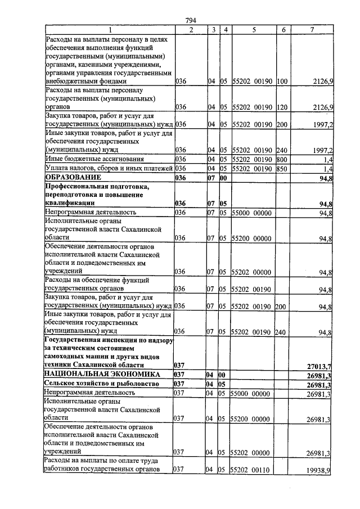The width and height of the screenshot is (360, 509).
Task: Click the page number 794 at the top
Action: tap(191, 21)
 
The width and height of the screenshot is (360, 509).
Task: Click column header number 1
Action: tap(110, 29)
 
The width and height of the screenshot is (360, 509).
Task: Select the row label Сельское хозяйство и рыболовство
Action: tap(93, 383)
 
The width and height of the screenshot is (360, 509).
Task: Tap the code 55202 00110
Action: tap(253, 469)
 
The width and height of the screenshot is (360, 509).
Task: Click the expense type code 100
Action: tap(282, 82)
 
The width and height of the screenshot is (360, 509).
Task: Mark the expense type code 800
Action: tap(282, 159)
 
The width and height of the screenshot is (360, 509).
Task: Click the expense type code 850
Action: tap(282, 168)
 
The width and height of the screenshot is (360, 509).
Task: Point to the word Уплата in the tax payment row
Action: tap(56, 168)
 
